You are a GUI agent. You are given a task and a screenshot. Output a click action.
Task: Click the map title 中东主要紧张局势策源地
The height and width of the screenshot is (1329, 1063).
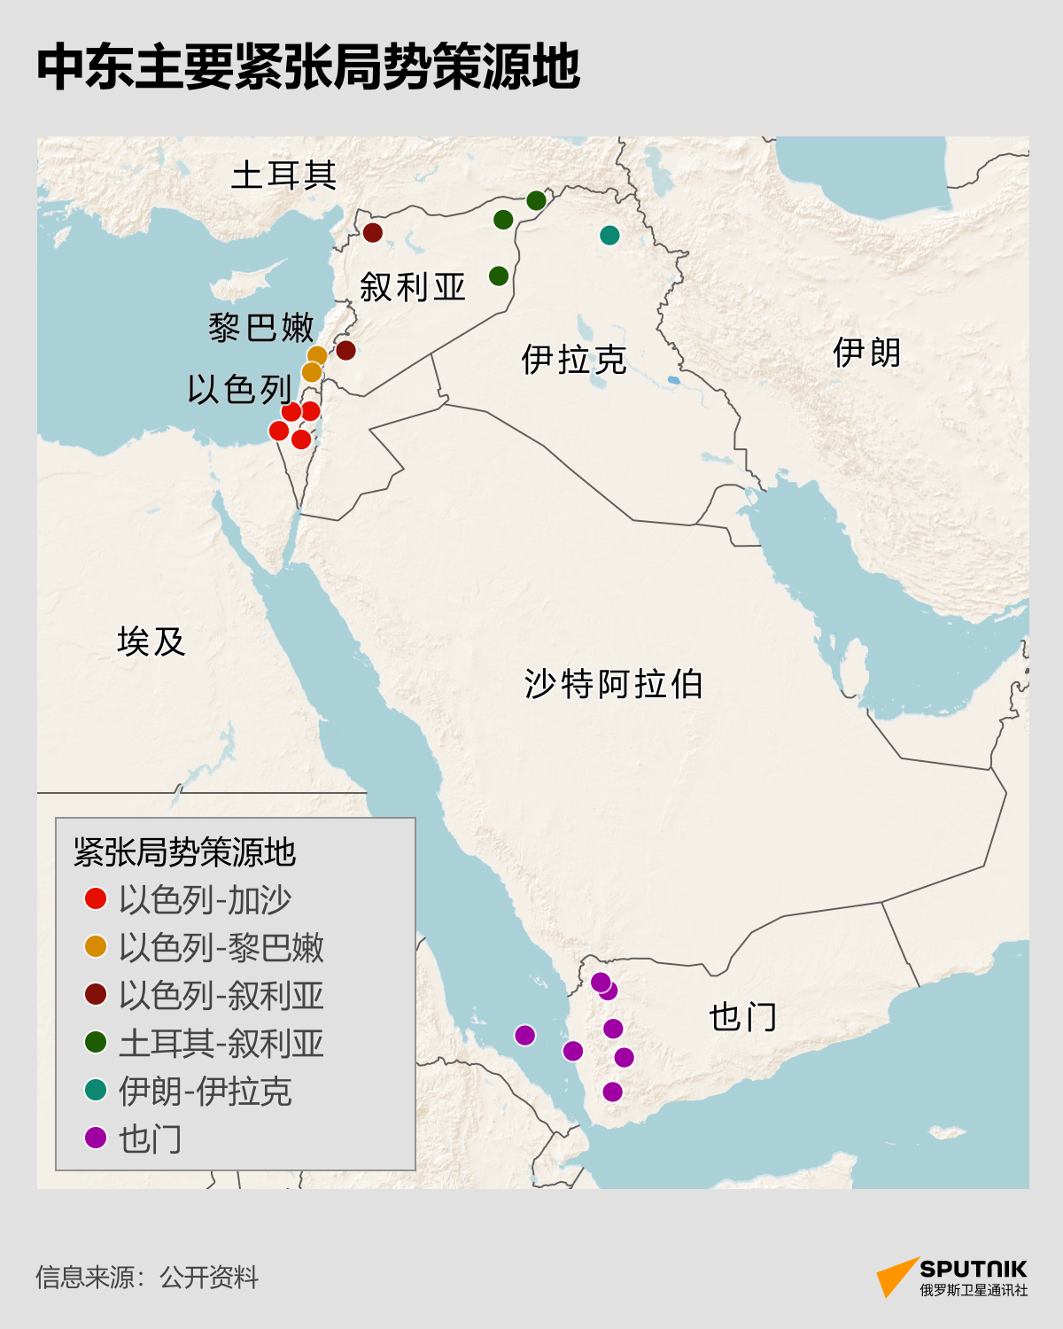tap(308, 67)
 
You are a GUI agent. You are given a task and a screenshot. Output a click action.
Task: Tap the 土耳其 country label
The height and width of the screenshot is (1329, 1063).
tap(283, 175)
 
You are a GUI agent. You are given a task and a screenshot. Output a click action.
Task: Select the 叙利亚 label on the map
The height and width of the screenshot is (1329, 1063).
tap(412, 287)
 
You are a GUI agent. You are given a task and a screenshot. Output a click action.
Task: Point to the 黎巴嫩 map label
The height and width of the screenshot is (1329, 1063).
tap(261, 328)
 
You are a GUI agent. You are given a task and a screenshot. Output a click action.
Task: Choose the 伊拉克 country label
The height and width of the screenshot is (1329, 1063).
tap(574, 360)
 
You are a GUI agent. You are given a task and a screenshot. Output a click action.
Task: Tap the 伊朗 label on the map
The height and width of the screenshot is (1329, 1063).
tap(866, 353)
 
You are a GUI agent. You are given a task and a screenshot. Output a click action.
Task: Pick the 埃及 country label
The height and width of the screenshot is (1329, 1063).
tap(151, 641)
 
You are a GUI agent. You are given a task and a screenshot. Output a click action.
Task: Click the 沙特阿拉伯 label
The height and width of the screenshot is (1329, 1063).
tap(613, 684)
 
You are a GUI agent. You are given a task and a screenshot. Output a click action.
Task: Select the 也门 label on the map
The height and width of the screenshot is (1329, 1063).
tap(742, 1017)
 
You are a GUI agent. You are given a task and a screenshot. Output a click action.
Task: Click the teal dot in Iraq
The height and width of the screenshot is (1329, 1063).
tap(609, 235)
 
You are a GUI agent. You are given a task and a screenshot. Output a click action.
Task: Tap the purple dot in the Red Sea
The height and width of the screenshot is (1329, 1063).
tap(525, 1035)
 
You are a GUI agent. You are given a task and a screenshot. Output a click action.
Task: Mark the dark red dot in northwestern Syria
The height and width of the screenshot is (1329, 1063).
tap(373, 232)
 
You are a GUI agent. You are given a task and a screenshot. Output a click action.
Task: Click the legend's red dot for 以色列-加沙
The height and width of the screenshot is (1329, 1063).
tap(96, 899)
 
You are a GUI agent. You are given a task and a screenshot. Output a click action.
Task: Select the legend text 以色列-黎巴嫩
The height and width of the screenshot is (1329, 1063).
tap(221, 947)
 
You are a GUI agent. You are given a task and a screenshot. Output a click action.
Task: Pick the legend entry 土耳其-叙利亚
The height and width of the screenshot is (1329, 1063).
tap(221, 1043)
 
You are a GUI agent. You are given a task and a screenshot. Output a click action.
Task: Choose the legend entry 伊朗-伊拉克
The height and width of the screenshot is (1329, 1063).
tap(206, 1091)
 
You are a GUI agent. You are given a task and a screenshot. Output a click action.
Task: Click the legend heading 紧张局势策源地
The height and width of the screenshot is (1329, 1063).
tap(184, 852)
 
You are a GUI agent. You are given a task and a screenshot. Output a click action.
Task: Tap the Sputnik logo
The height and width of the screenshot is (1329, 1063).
tap(952, 1277)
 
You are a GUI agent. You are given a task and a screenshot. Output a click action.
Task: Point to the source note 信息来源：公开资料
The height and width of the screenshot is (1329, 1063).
tap(147, 1277)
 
